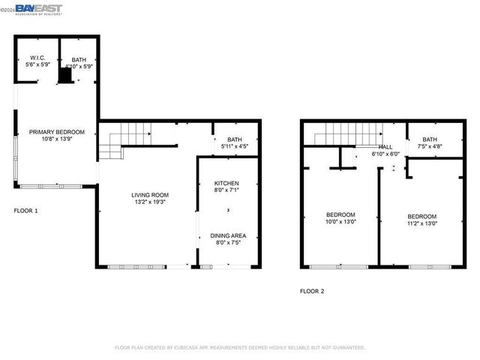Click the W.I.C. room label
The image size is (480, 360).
click(37, 58)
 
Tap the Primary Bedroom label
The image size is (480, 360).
click(57, 132)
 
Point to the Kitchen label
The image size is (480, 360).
click(226, 184)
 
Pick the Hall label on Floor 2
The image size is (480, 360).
click(385, 147)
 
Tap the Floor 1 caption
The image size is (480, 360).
click(25, 211)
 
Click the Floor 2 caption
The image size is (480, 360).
click(312, 291)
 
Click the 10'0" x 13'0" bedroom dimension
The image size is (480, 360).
click(340, 222)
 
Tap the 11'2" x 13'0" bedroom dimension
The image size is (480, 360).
click(421, 223)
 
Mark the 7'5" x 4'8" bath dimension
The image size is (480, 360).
click(430, 146)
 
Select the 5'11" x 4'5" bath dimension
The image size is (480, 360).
click(235, 147)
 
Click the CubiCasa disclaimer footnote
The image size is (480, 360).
click(239, 348)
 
